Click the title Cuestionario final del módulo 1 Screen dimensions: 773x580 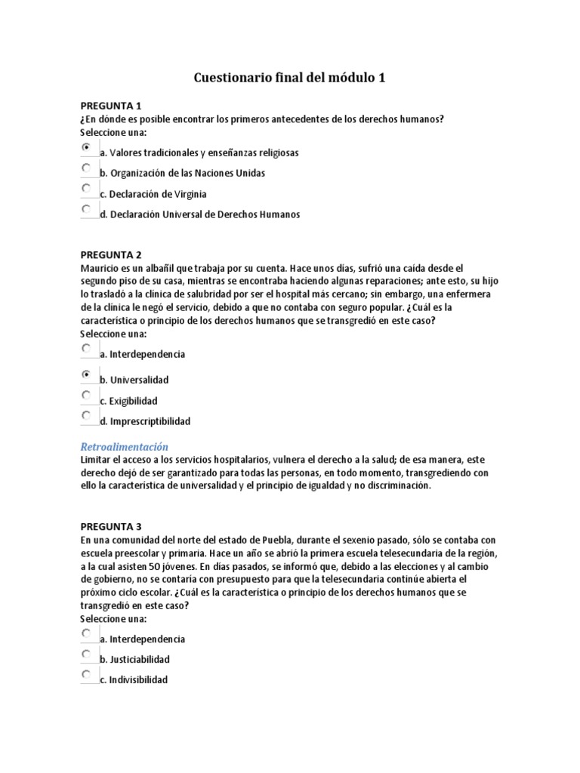pyautogui.click(x=290, y=77)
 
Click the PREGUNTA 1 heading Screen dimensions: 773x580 pyautogui.click(x=111, y=106)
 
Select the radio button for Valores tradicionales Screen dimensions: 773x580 pyautogui.click(x=87, y=147)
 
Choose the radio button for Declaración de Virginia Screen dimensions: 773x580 pyautogui.click(x=87, y=188)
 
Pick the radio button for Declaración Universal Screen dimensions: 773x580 pyautogui.click(x=87, y=208)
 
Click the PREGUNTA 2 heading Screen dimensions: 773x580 pyautogui.click(x=111, y=255)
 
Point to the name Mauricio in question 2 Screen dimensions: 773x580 pyautogui.click(x=99, y=268)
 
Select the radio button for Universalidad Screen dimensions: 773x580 pyautogui.click(x=87, y=374)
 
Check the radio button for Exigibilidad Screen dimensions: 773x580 pyautogui.click(x=87, y=395)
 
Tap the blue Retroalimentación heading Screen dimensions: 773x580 pyautogui.click(x=124, y=446)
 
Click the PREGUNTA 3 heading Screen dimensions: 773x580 pyautogui.click(x=111, y=527)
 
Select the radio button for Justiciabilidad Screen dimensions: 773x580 pyautogui.click(x=87, y=654)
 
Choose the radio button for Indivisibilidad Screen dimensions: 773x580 pyautogui.click(x=87, y=674)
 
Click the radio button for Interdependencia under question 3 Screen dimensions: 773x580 pyautogui.click(x=87, y=633)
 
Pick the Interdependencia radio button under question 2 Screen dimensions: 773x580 pyautogui.click(x=87, y=349)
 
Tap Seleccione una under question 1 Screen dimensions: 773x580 pyautogui.click(x=113, y=132)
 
